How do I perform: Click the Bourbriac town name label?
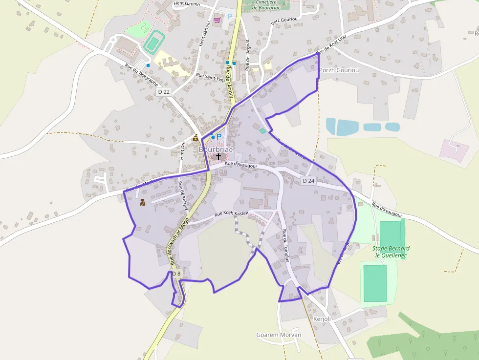point(216,149)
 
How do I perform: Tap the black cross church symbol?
point(218,157)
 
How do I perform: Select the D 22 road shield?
point(164,92)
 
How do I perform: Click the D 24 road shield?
point(308,181)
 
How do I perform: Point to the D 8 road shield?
point(176,274)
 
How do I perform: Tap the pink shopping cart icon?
point(217,20)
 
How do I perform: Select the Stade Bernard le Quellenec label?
point(392,252)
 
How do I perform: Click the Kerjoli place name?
point(322,319)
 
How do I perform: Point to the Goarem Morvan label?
point(279,335)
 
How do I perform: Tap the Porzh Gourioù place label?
point(339,70)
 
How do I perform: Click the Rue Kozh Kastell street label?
point(232,213)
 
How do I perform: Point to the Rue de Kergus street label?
point(183,196)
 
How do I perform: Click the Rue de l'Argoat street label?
point(248,55)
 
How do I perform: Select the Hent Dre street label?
point(182,151)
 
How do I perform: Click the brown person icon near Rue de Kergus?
point(143,202)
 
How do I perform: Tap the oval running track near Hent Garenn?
point(154,42)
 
